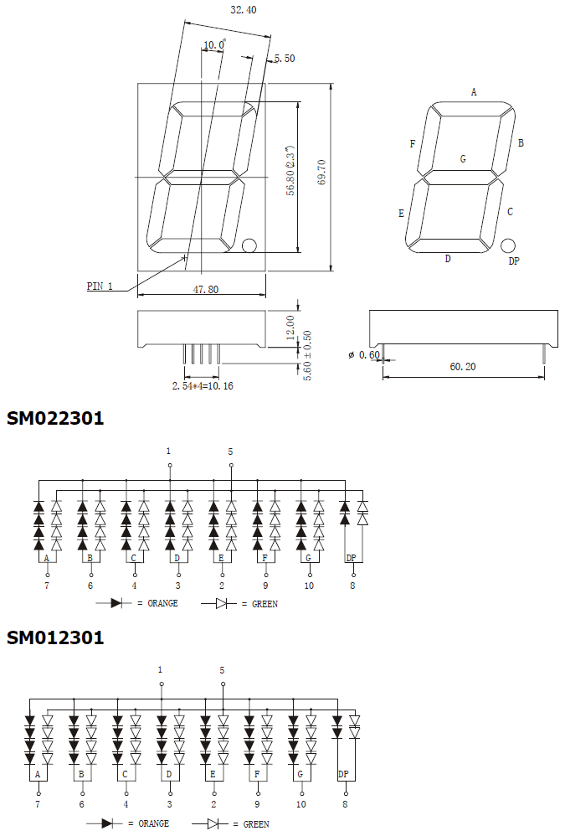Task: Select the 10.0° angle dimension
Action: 213,44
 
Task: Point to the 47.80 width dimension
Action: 205,288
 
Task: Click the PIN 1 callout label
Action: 100,286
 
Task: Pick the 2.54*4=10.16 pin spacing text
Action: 203,386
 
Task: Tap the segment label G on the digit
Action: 462,158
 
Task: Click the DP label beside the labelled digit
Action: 514,261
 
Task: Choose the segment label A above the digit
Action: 474,92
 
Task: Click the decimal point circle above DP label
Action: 507,245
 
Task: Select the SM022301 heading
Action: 55,418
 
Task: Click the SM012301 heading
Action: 55,637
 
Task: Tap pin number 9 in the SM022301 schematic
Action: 265,586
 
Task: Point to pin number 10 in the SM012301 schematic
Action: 300,804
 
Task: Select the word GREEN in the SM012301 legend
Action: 256,823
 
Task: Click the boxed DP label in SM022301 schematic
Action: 352,558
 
